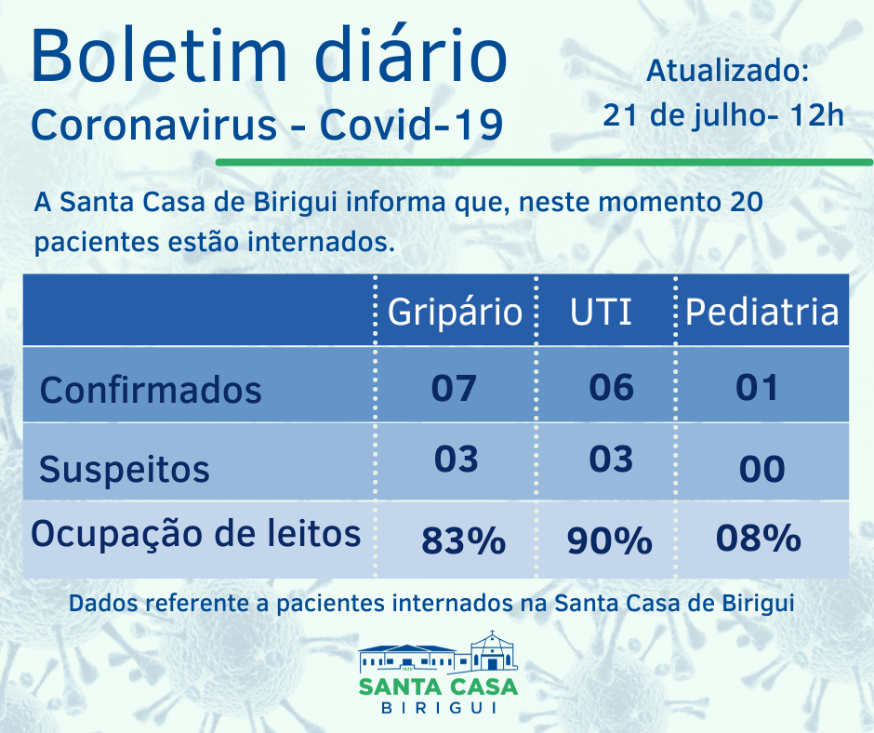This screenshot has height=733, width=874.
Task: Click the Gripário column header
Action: (x=455, y=312)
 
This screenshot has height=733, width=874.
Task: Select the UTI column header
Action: (x=601, y=312)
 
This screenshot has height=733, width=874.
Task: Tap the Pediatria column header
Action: (x=761, y=312)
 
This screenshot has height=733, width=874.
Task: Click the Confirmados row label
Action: (x=151, y=389)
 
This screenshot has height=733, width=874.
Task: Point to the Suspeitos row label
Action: (x=125, y=469)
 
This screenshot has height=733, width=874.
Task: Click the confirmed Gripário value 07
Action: (x=454, y=387)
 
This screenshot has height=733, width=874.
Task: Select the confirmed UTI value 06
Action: (x=612, y=386)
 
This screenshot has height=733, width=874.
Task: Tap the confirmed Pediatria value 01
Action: (x=757, y=387)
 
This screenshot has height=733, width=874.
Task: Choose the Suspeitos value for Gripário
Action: (x=456, y=459)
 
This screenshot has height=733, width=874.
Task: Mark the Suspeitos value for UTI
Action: (x=611, y=459)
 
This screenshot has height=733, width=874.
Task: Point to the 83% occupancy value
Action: (x=463, y=540)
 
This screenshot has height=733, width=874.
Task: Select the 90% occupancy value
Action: (x=609, y=540)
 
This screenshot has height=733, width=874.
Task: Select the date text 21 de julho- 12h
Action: (x=723, y=116)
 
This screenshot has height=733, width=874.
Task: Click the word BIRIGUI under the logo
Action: (x=438, y=708)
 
